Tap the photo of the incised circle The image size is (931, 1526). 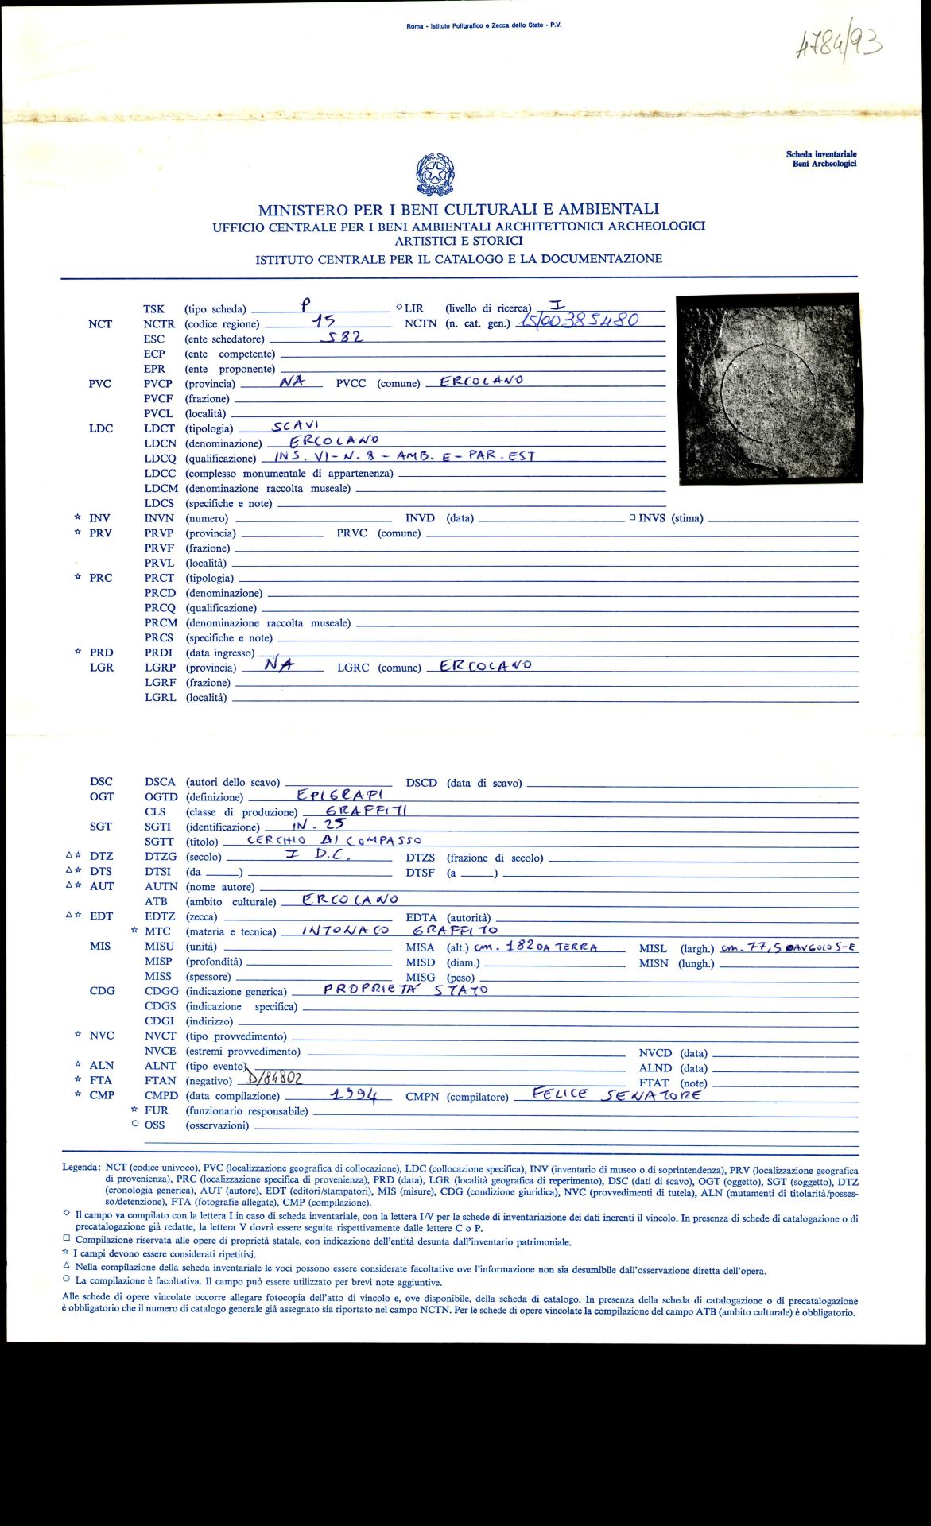[768, 389]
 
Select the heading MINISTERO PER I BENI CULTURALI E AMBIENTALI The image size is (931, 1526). [459, 210]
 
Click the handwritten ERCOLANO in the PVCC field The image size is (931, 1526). [482, 380]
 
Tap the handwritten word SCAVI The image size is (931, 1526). [296, 425]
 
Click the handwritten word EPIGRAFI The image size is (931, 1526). [340, 794]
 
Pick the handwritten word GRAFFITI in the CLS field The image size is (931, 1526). [369, 810]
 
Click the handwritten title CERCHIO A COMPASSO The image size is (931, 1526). [334, 839]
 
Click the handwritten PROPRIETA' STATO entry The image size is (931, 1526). [405, 990]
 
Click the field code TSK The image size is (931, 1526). [154, 309]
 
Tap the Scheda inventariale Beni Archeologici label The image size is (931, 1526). [821, 159]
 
